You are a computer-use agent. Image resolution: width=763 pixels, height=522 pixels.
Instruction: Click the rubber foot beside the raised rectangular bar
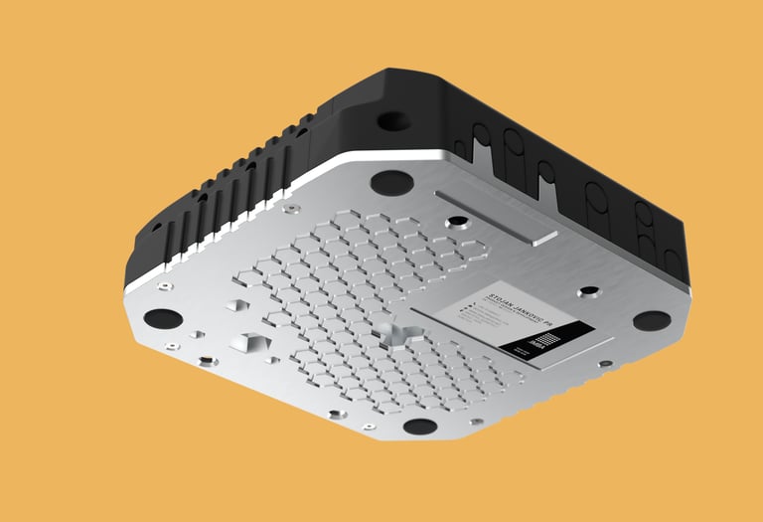[390, 183]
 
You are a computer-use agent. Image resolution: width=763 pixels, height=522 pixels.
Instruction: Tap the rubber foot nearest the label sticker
[651, 320]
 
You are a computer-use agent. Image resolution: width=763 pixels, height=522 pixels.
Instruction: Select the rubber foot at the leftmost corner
[163, 318]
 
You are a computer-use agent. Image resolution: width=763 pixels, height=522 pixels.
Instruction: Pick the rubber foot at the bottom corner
[420, 427]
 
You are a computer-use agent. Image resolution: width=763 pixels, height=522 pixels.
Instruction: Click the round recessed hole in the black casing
[392, 120]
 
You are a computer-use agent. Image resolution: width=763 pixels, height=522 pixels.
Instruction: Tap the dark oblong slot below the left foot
[206, 360]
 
